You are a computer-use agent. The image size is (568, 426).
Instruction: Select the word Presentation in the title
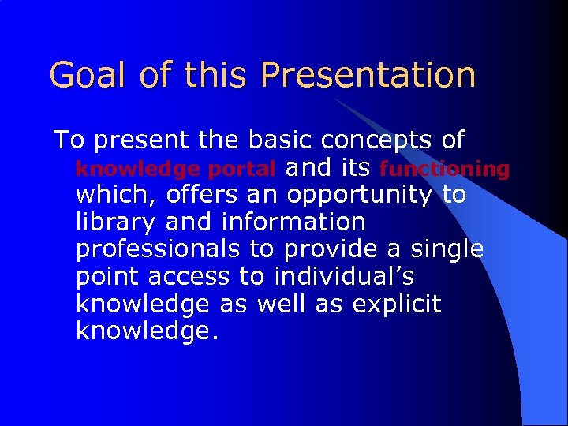point(368,76)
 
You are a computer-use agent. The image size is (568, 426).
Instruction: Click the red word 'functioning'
point(444,169)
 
